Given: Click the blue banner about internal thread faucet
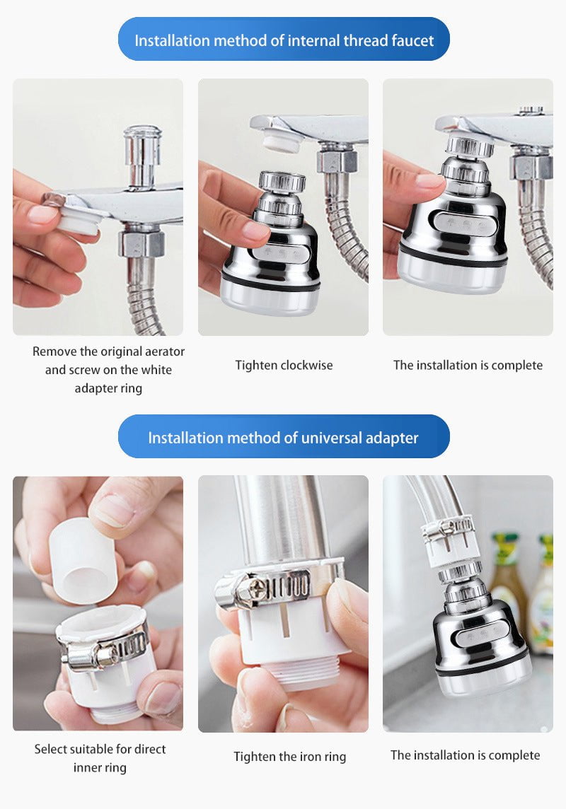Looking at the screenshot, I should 283,40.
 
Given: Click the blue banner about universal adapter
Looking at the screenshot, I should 283,438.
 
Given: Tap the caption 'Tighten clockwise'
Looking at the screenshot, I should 284,366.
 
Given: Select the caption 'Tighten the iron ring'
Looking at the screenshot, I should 290,757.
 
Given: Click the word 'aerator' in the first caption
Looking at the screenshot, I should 161,351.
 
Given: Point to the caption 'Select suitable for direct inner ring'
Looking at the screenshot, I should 100,758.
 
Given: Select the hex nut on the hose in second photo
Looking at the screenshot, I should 336,161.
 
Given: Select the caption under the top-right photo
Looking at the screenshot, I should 468,366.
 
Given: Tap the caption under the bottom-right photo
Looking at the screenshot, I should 465,755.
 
